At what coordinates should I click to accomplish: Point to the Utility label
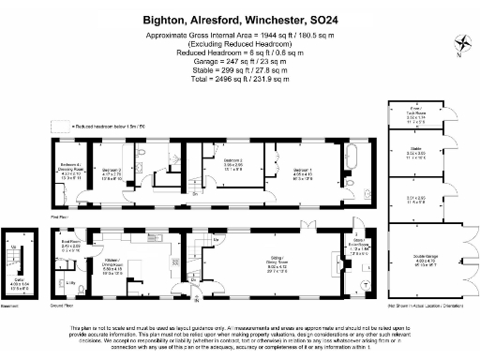(71, 281)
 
